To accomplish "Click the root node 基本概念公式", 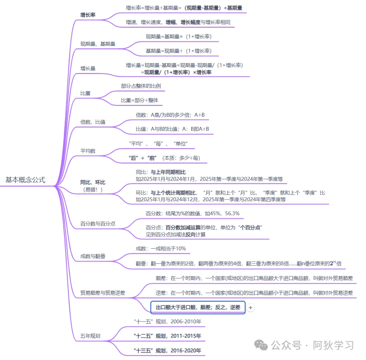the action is tap(25, 180).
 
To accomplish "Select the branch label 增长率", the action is tap(88, 15).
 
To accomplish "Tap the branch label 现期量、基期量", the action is tap(98, 44).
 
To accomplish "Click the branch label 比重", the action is tap(85, 93).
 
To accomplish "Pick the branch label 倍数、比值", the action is tap(93, 122).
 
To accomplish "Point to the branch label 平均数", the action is tap(88, 151).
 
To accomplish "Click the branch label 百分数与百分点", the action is tap(98, 224).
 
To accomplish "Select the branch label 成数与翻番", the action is tap(93, 256).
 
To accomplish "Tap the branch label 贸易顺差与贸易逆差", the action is tap(103, 292).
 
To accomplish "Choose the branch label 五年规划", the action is tap(90, 336).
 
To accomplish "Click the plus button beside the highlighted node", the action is tap(250, 307).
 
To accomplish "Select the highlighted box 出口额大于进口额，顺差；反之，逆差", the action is tap(198, 307).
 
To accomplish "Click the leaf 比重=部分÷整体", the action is tap(140, 100).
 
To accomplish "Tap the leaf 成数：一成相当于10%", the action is tap(161, 248).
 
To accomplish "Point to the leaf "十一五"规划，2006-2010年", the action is tap(167, 321).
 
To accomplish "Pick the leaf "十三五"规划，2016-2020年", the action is tap(167, 350).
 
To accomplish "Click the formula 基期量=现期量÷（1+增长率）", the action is tap(179, 51).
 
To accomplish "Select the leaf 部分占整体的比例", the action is tap(141, 86).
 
